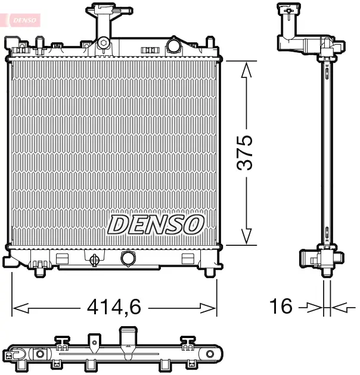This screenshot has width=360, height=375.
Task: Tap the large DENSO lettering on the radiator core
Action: [156, 225]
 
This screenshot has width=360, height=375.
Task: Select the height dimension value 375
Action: [246, 152]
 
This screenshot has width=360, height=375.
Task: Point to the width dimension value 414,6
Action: [114, 307]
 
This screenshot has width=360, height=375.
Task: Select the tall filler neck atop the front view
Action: [104, 24]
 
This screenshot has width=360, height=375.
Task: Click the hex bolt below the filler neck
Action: [104, 43]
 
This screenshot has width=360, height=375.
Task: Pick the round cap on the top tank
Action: [173, 45]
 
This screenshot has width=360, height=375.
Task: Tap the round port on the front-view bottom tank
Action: [128, 258]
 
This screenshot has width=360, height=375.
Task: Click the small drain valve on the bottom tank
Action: [94, 259]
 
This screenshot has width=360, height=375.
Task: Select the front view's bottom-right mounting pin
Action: [209, 271]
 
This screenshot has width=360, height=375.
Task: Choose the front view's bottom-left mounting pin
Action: [40, 271]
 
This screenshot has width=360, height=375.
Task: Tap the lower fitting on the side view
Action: [320, 260]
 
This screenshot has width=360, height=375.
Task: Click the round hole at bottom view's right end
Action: [210, 355]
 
